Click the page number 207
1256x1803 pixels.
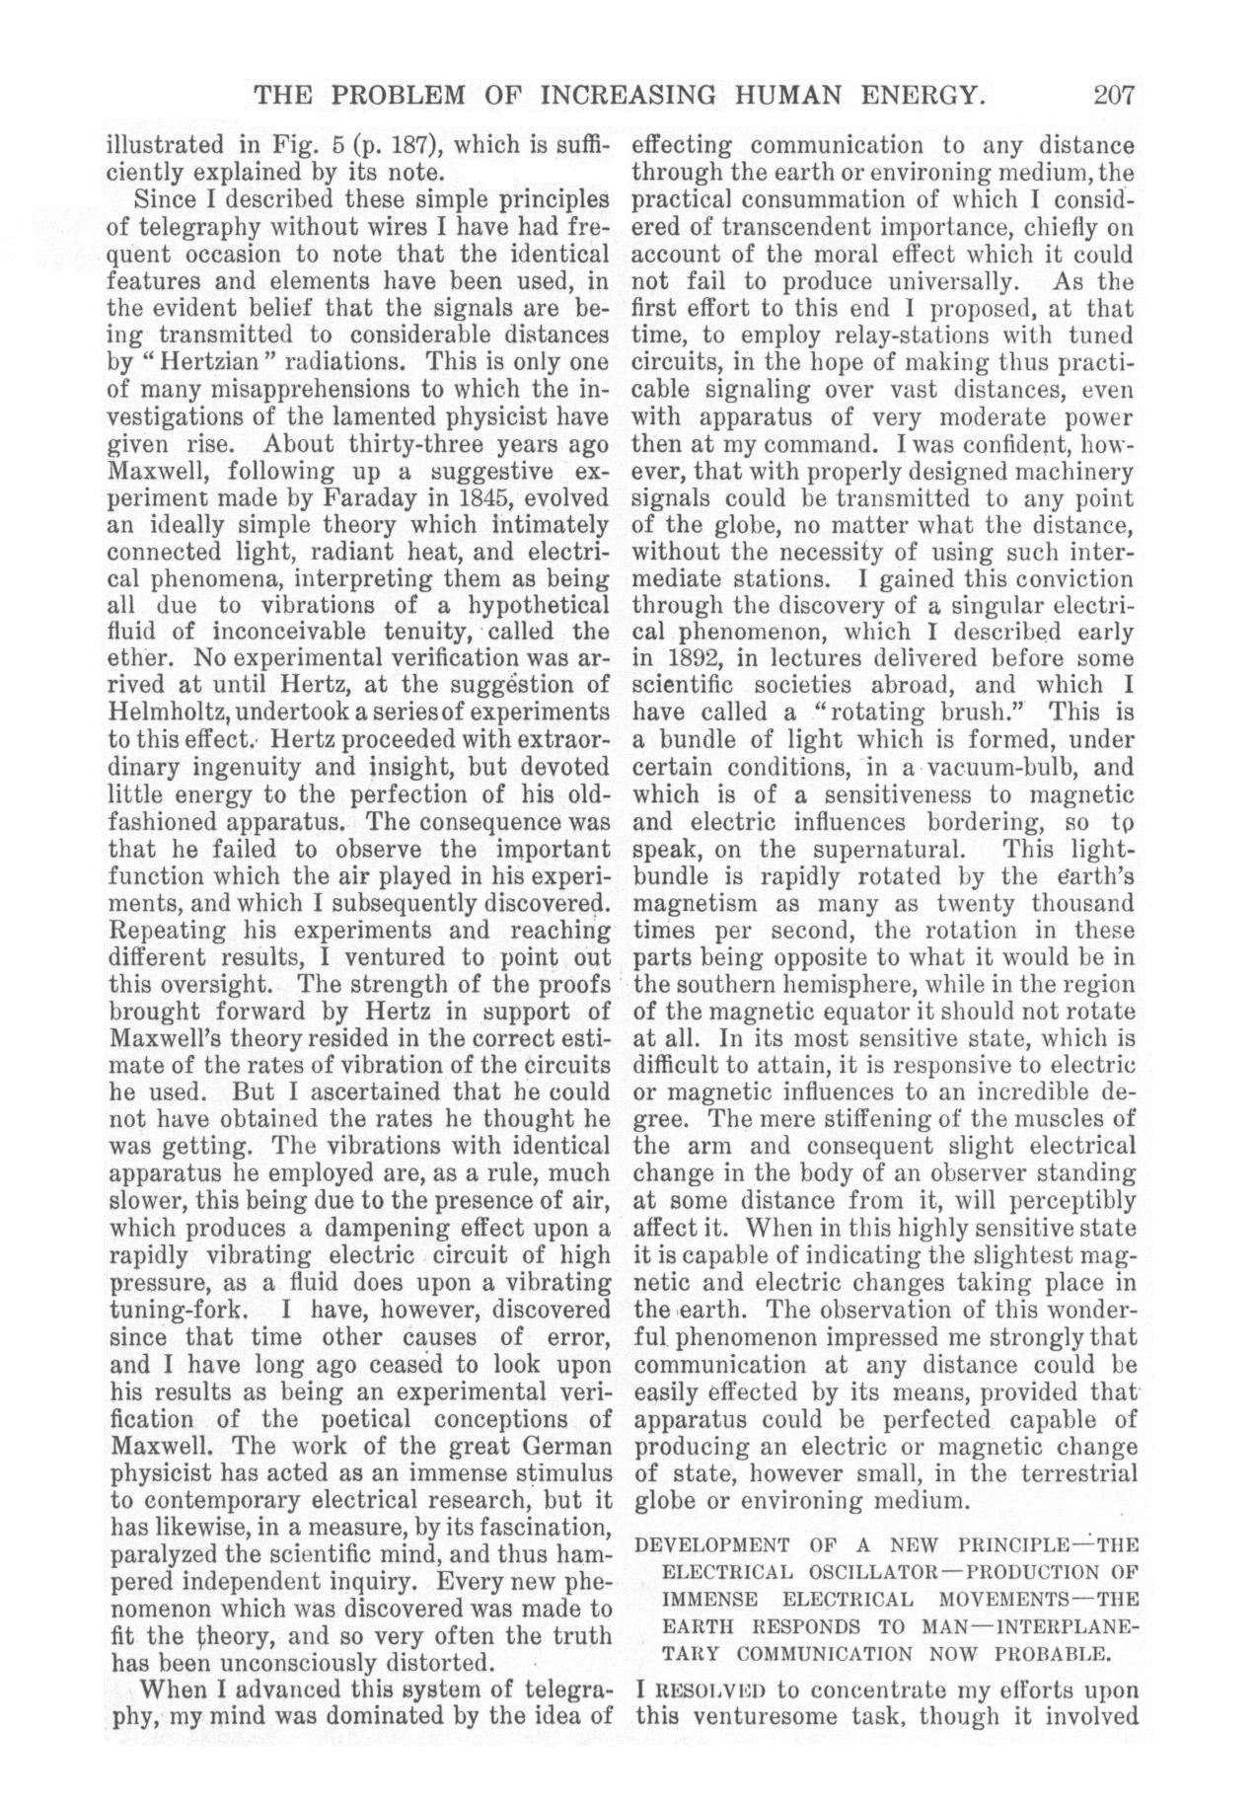(x=1114, y=96)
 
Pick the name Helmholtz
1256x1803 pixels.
(x=164, y=712)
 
